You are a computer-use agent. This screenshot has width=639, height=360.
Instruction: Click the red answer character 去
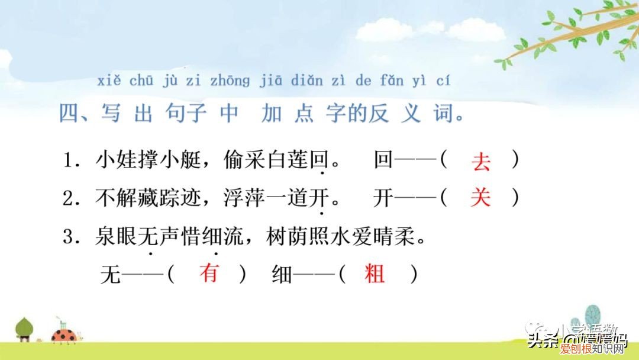[x=481, y=162]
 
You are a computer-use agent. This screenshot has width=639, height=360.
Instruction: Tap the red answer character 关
[x=480, y=198]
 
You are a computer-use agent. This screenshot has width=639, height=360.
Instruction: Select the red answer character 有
[x=209, y=274]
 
